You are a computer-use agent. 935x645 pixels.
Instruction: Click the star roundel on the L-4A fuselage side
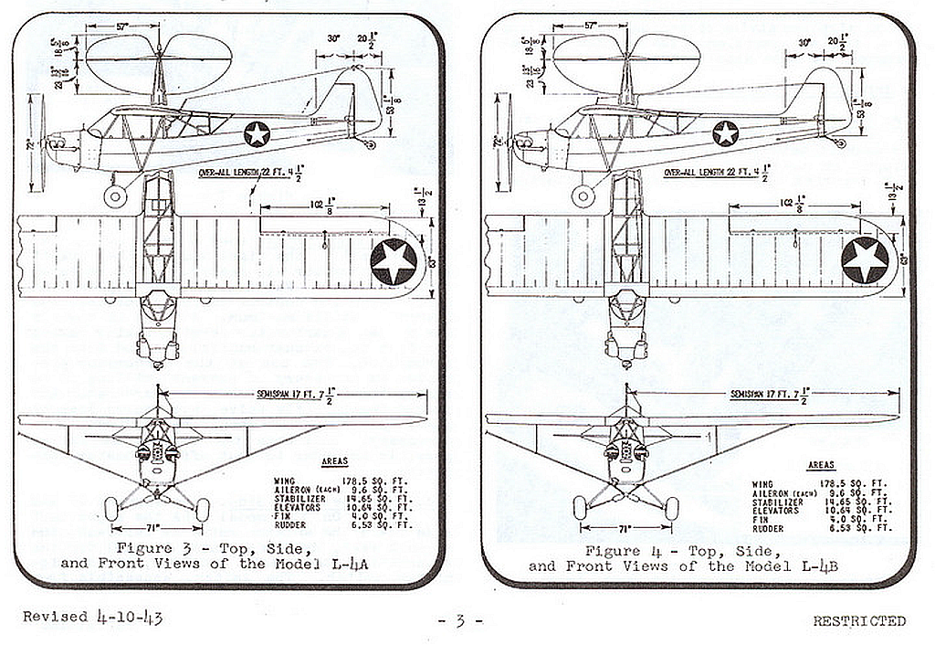[x=257, y=134]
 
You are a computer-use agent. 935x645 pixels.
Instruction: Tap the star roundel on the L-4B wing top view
[x=864, y=260]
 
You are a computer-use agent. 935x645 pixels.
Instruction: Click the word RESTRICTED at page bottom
[x=859, y=621]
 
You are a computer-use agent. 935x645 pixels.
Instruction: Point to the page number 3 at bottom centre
[x=460, y=621]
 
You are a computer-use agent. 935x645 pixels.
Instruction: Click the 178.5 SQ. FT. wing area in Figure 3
[x=380, y=481]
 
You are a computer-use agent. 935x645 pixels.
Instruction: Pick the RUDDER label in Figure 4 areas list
[x=769, y=528]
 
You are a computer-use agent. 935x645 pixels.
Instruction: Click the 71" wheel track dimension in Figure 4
[x=625, y=528]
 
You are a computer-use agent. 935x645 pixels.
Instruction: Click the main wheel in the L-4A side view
[x=115, y=196]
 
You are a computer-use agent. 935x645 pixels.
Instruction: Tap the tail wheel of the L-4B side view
[x=840, y=143]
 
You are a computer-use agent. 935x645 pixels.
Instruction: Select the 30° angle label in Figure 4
[x=804, y=42]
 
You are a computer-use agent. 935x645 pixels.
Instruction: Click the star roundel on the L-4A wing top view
[x=394, y=260]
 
